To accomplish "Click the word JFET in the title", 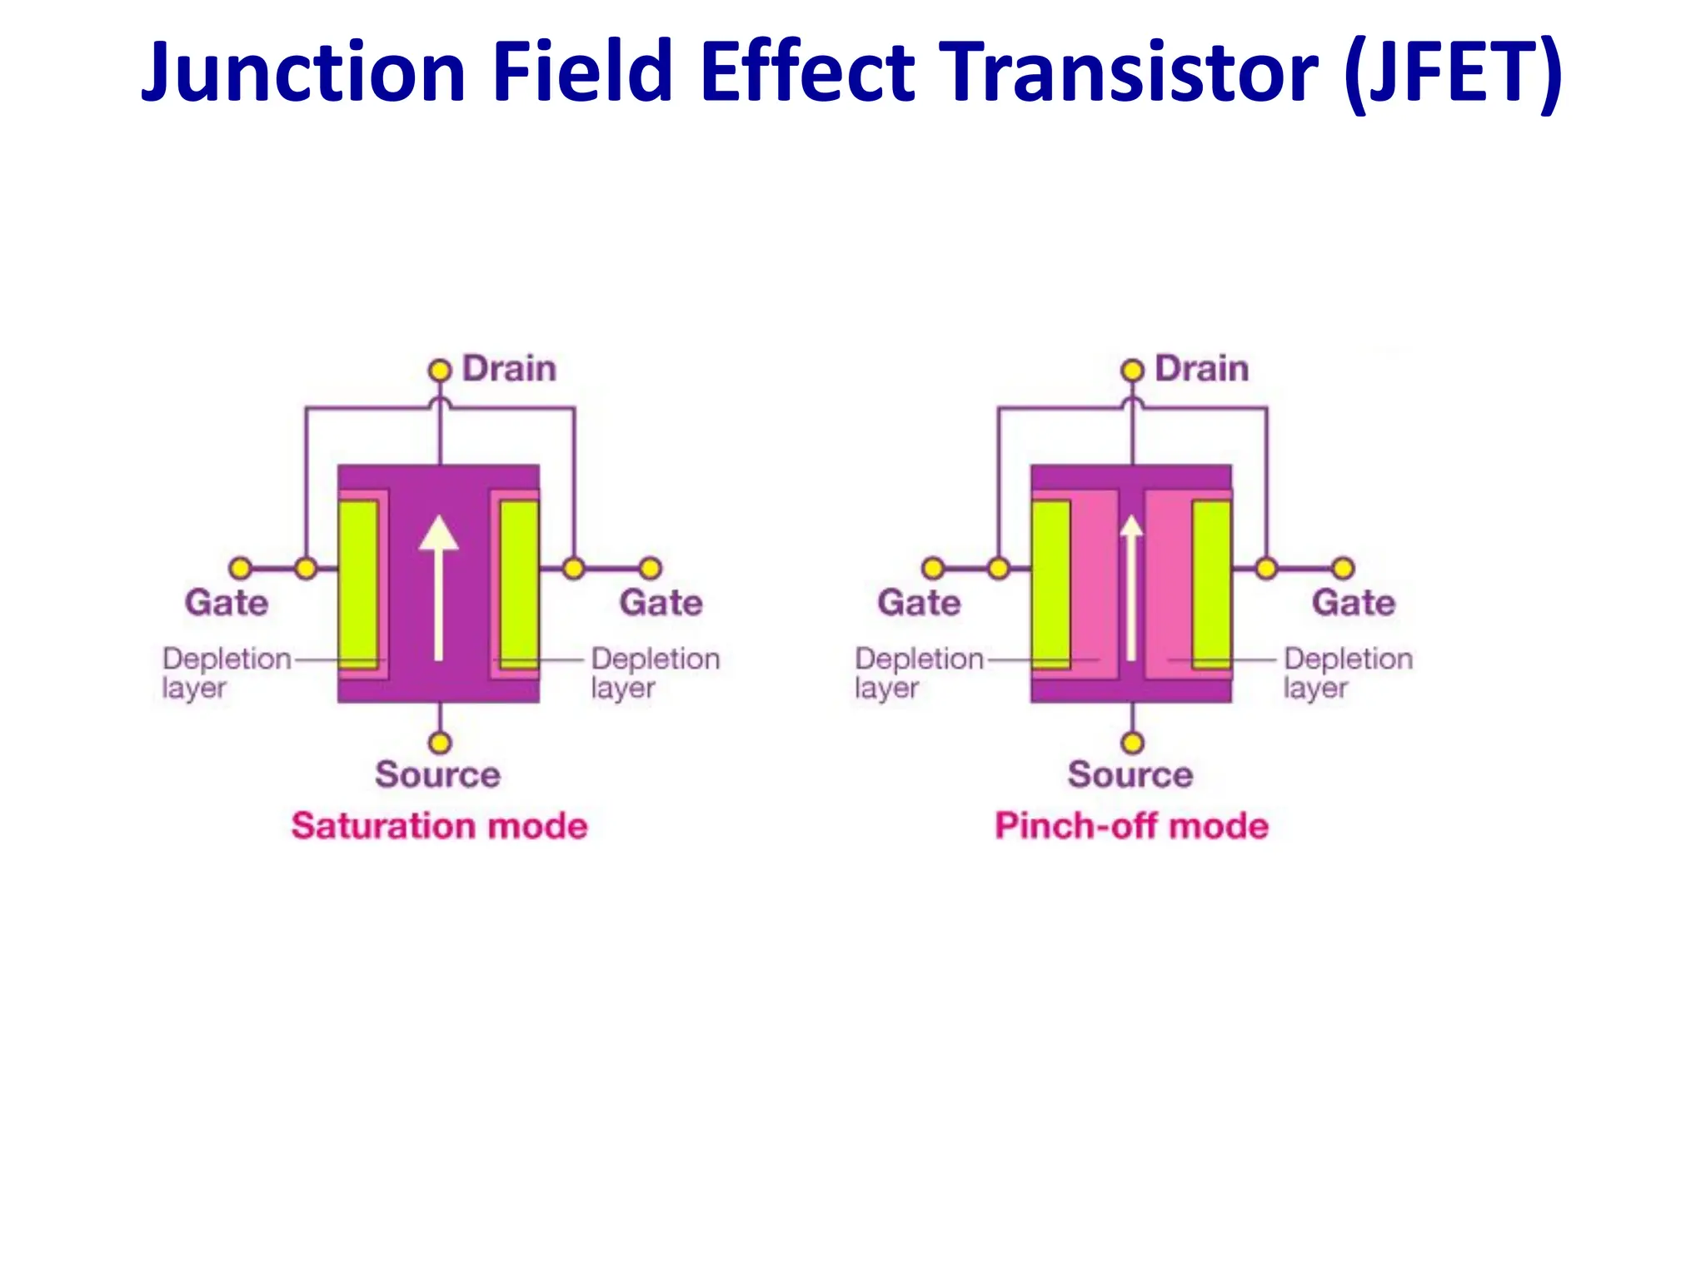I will [1453, 73].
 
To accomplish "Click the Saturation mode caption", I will [439, 826].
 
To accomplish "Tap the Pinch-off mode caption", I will [1131, 826].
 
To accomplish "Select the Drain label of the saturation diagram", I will [509, 369].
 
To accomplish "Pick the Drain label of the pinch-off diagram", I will [1201, 369].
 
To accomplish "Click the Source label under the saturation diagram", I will [437, 774].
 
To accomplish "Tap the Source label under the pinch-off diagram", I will [1130, 774].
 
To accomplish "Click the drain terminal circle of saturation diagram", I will [439, 370].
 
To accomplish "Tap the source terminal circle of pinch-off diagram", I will [1132, 742].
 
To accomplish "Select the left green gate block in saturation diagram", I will [358, 583].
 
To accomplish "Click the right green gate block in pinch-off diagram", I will [1211, 583].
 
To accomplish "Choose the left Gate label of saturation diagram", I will [227, 603].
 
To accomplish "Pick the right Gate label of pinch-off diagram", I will [1354, 603].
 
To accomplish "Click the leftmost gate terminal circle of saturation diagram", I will [240, 569].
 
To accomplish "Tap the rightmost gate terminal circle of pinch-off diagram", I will [1343, 569].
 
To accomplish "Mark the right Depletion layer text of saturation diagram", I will [655, 673].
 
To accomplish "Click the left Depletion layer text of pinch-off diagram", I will [919, 673].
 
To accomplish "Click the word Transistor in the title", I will [1129, 73].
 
